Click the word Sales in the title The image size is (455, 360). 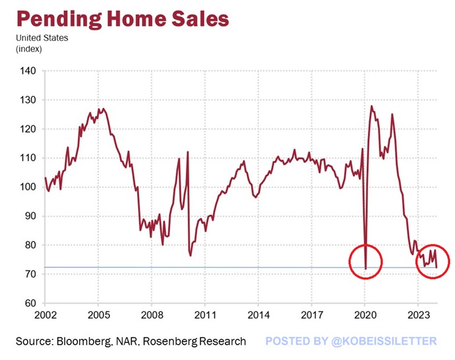pos(196,18)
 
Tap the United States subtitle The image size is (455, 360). pos(42,38)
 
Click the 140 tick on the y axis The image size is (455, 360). pos(28,71)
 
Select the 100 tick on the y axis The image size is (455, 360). pos(28,187)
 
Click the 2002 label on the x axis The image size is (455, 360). pos(45,315)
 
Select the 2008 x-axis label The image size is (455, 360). pos(152,315)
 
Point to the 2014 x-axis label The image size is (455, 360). pos(258,315)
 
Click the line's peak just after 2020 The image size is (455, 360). pos(372,106)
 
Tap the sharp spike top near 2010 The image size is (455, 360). pos(188,152)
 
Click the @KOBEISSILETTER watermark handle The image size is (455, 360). pos(385,341)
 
